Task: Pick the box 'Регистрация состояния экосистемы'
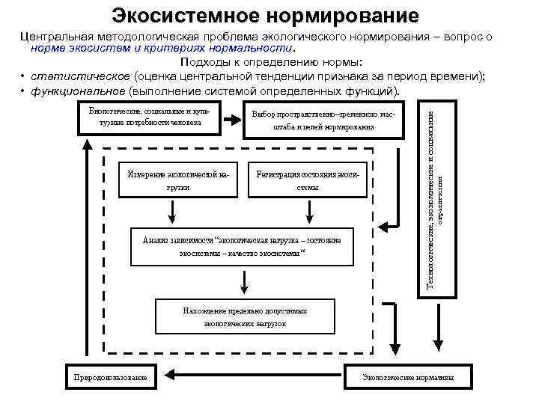(308, 180)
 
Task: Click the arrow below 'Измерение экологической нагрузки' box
(173, 212)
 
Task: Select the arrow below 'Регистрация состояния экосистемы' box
(308, 212)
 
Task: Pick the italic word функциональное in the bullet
(78, 91)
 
